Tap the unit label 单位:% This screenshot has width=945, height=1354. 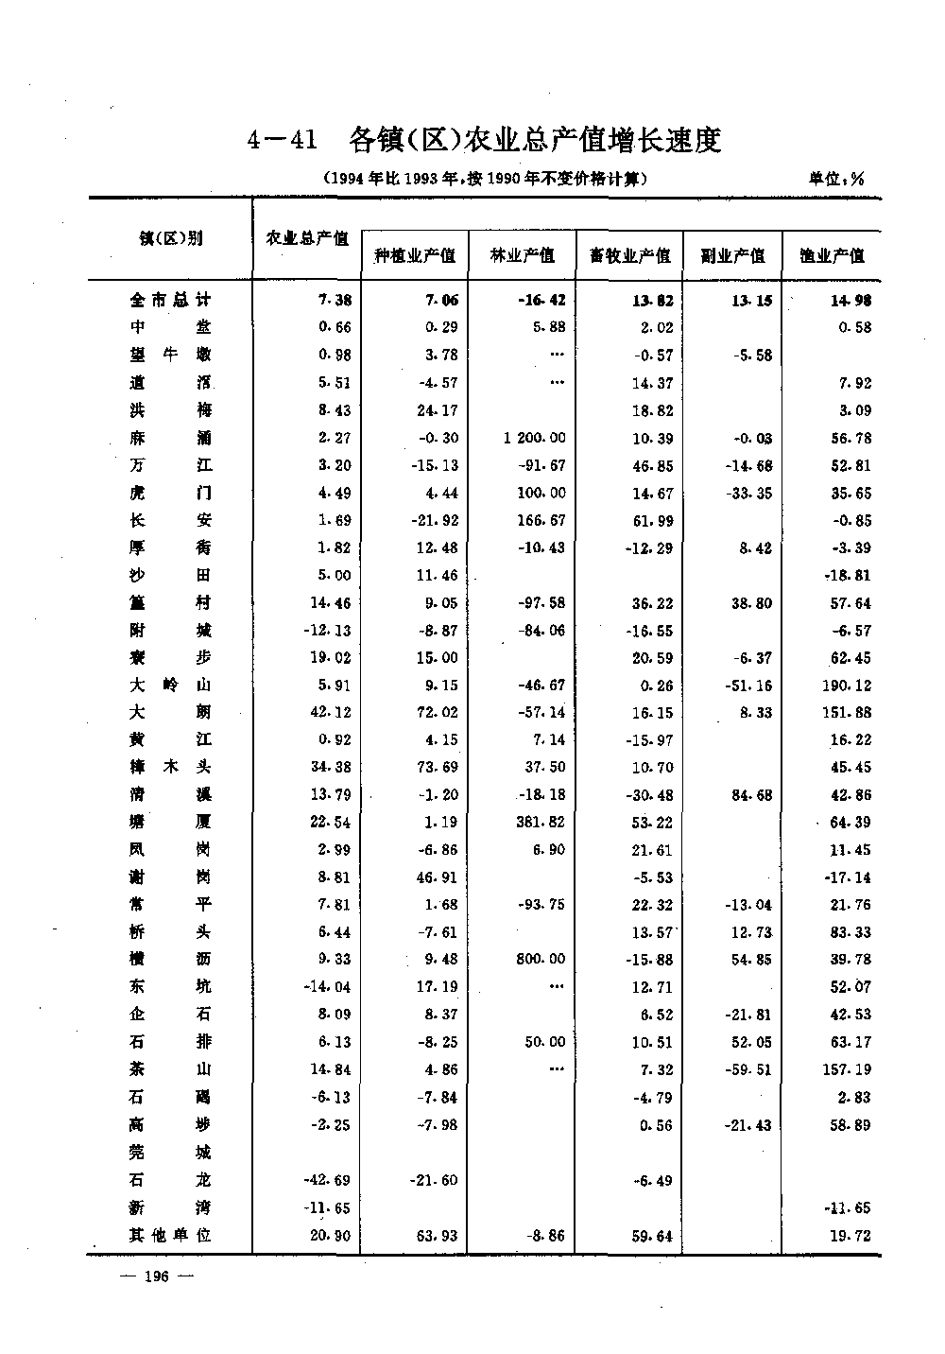(836, 179)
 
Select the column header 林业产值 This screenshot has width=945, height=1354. (523, 255)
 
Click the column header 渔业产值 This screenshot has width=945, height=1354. (832, 255)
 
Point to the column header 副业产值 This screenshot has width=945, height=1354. (732, 255)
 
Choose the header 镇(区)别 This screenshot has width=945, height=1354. (171, 238)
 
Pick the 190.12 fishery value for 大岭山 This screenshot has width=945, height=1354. (847, 685)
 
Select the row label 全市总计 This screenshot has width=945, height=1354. (171, 300)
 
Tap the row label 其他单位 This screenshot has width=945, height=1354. (171, 1235)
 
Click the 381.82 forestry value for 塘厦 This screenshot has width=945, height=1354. (541, 822)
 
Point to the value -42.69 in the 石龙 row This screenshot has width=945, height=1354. (329, 1180)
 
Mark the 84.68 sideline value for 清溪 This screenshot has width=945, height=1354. (751, 795)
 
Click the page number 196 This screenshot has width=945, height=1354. (155, 1277)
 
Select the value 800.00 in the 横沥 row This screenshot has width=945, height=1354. (541, 959)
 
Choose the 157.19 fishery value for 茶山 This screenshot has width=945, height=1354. (847, 1069)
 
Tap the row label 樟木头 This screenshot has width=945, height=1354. (171, 767)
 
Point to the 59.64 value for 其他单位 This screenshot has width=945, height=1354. (652, 1235)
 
